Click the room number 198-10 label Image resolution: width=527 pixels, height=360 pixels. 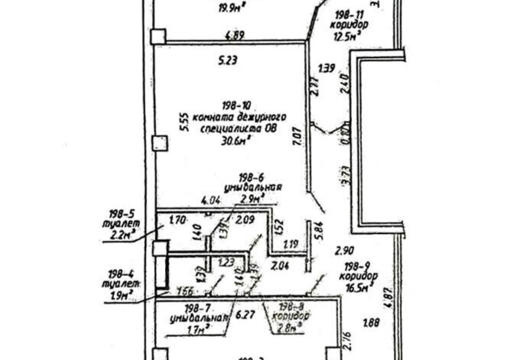(x=236, y=105)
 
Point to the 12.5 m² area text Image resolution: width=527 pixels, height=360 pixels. (x=348, y=37)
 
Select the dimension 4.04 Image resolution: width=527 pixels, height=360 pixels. (x=211, y=200)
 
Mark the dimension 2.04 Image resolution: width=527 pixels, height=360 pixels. (x=280, y=266)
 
